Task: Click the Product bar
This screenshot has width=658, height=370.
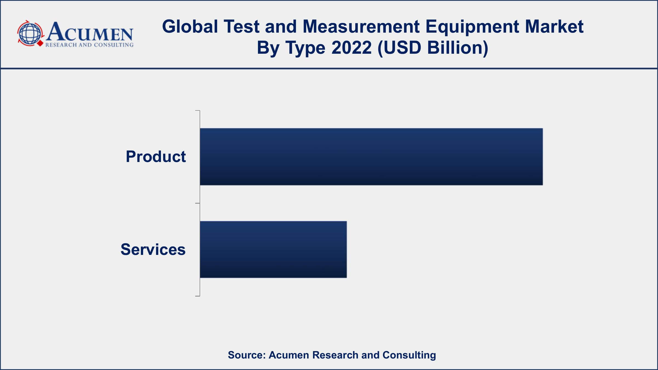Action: point(371,156)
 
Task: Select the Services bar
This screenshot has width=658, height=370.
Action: point(273,249)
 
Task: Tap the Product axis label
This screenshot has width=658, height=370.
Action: point(156,156)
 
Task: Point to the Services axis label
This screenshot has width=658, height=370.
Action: point(153,249)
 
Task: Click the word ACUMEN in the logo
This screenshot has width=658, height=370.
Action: point(90,32)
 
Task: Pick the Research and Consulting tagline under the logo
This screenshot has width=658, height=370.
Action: point(89,45)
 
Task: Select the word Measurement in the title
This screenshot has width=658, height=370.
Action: point(361,27)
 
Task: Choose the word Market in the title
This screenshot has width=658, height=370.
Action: point(554,27)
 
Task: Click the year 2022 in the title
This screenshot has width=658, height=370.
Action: point(351,48)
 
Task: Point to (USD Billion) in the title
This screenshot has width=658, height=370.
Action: point(433,48)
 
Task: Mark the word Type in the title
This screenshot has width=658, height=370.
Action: point(305,48)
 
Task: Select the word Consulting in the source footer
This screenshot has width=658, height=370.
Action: point(409,355)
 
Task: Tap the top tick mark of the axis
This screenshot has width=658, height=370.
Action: point(197,111)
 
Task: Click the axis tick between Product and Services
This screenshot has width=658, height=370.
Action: point(197,203)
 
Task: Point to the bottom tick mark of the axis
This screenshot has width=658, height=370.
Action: point(197,296)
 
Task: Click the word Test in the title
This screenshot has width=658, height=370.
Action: point(241,27)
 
